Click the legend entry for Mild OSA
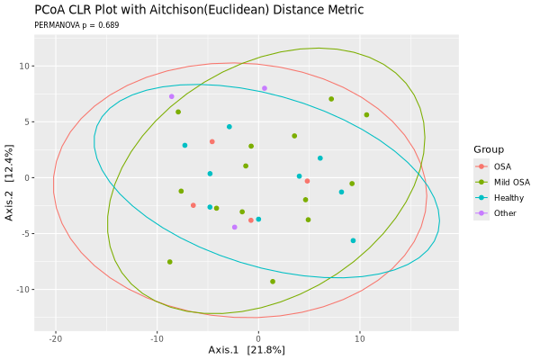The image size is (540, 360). click(x=512, y=182)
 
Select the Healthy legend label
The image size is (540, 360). click(x=508, y=198)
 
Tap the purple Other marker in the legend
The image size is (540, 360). click(x=482, y=213)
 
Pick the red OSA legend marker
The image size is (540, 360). click(x=482, y=166)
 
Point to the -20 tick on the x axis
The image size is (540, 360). click(x=55, y=339)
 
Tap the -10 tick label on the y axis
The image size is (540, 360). click(x=24, y=289)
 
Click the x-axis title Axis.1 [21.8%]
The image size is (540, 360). click(x=247, y=349)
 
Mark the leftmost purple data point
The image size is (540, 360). click(x=171, y=96)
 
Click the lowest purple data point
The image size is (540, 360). click(x=235, y=227)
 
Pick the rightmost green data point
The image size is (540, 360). click(x=366, y=114)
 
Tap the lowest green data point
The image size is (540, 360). click(x=273, y=282)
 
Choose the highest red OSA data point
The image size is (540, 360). click(x=212, y=141)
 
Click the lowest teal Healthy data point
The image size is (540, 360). click(x=353, y=240)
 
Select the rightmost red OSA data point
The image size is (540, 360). click(x=307, y=181)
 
